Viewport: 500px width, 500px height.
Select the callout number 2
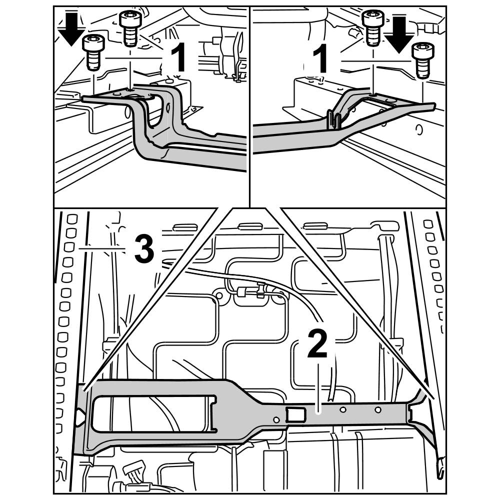pyautogui.click(x=317, y=345)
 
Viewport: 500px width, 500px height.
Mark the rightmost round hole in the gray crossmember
pyautogui.click(x=378, y=410)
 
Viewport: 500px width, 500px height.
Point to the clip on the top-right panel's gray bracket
pyautogui.click(x=334, y=119)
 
